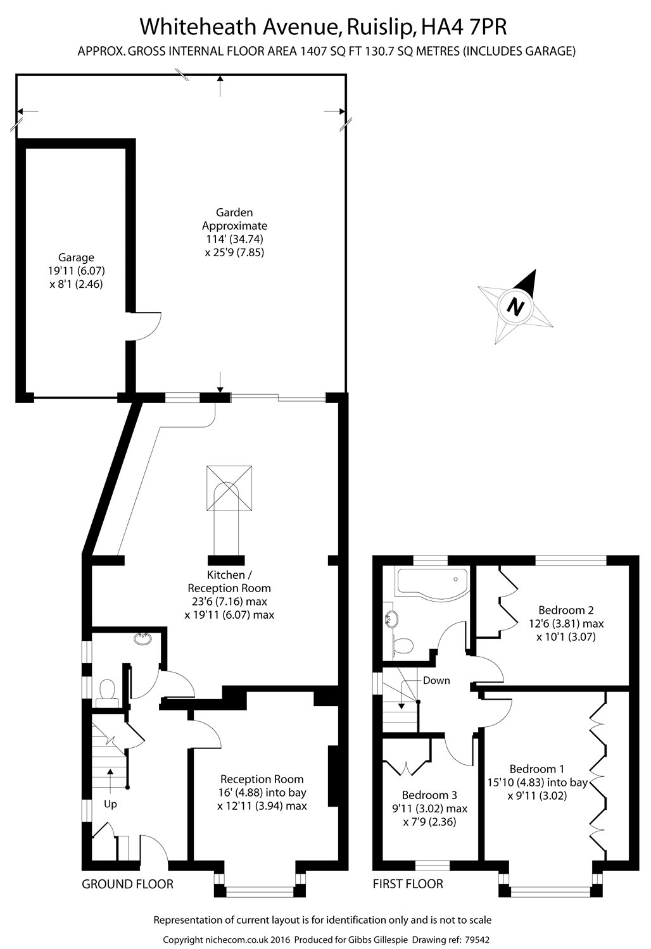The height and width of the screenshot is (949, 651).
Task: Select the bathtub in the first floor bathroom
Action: [431, 580]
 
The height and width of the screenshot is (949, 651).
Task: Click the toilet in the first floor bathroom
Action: [402, 645]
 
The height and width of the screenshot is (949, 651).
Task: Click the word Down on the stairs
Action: [436, 681]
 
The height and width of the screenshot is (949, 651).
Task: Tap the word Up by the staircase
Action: [111, 805]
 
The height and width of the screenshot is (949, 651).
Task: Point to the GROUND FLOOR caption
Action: [127, 884]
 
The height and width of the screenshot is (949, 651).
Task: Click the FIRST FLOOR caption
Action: [408, 884]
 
